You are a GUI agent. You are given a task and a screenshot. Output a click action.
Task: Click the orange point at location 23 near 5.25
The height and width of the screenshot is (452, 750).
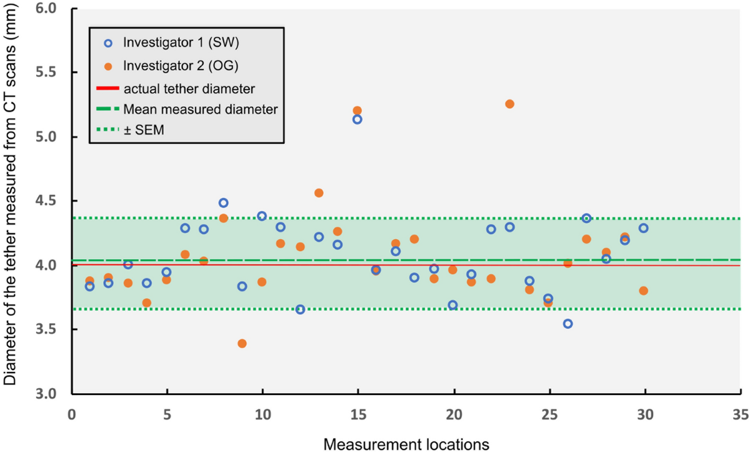pyautogui.click(x=509, y=104)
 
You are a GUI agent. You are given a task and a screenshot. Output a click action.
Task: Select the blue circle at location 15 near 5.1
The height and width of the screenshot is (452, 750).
pyautogui.click(x=357, y=119)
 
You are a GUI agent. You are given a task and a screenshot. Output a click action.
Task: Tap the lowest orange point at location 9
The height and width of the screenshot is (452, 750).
pyautogui.click(x=242, y=343)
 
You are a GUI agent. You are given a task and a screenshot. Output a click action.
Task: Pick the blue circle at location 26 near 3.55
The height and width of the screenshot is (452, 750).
pyautogui.click(x=567, y=324)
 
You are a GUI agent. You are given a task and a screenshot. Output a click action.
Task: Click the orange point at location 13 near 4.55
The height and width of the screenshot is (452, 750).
pyautogui.click(x=319, y=193)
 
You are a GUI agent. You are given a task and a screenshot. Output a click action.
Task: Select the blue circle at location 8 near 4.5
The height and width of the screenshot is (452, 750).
pyautogui.click(x=223, y=203)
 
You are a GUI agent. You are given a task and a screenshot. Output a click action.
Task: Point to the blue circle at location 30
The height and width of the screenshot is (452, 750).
pyautogui.click(x=644, y=228)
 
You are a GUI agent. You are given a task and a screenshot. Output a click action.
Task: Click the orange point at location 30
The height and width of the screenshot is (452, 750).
pyautogui.click(x=644, y=290)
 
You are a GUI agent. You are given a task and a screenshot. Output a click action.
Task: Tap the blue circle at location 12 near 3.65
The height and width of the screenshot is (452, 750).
pyautogui.click(x=300, y=309)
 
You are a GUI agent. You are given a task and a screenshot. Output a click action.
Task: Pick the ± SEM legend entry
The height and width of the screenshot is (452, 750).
pyautogui.click(x=144, y=131)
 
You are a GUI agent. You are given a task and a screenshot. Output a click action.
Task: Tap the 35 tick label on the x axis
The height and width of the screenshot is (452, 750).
pyautogui.click(x=740, y=414)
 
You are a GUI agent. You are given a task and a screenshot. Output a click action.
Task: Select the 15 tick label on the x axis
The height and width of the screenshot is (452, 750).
pyautogui.click(x=357, y=414)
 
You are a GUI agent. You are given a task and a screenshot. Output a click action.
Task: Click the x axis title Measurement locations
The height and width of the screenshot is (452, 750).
pyautogui.click(x=406, y=443)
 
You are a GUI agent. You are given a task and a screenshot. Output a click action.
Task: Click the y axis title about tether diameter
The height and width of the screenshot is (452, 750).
pyautogui.click(x=11, y=200)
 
